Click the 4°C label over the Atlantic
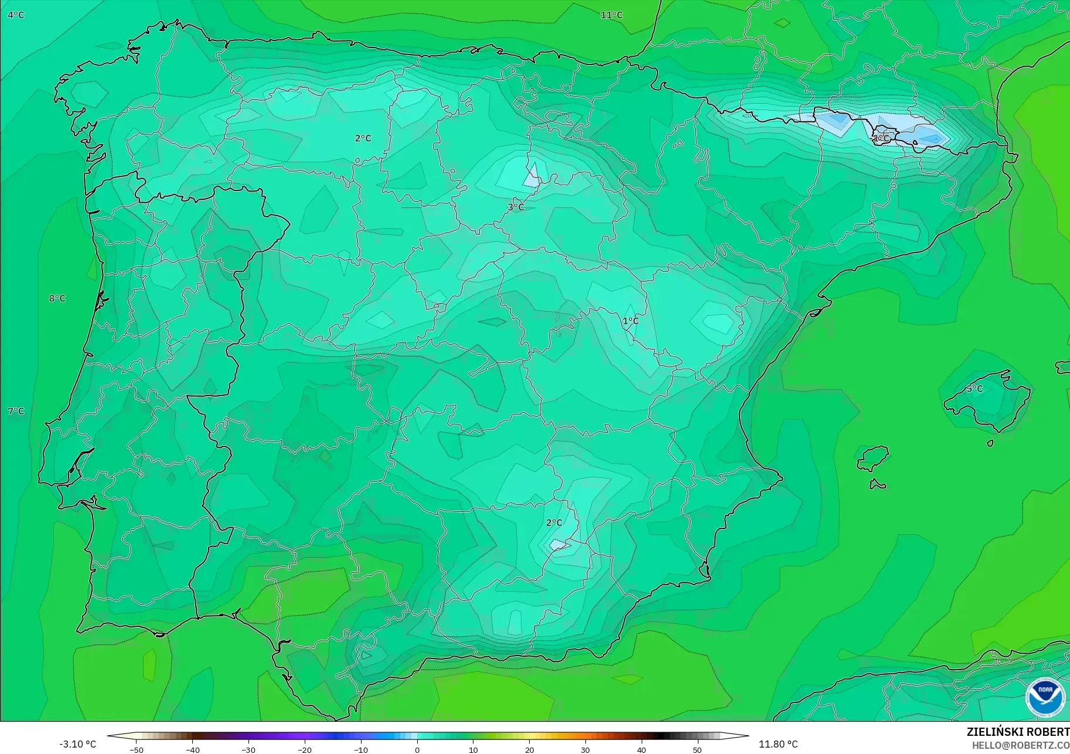click(x=16, y=15)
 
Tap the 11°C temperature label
click(x=611, y=15)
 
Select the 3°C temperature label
click(x=516, y=207)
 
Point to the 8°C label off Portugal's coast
click(x=57, y=298)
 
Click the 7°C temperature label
click(x=16, y=411)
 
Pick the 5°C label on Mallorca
click(x=974, y=388)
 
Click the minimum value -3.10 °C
click(x=77, y=744)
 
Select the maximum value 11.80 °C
click(x=778, y=744)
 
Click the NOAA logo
click(x=1045, y=697)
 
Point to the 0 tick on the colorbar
click(x=417, y=749)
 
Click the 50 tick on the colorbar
click(x=697, y=749)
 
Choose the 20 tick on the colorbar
click(x=529, y=749)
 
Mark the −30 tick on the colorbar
click(x=248, y=749)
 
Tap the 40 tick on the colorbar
click(x=641, y=749)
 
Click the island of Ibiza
click(x=873, y=458)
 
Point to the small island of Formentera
click(x=877, y=484)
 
